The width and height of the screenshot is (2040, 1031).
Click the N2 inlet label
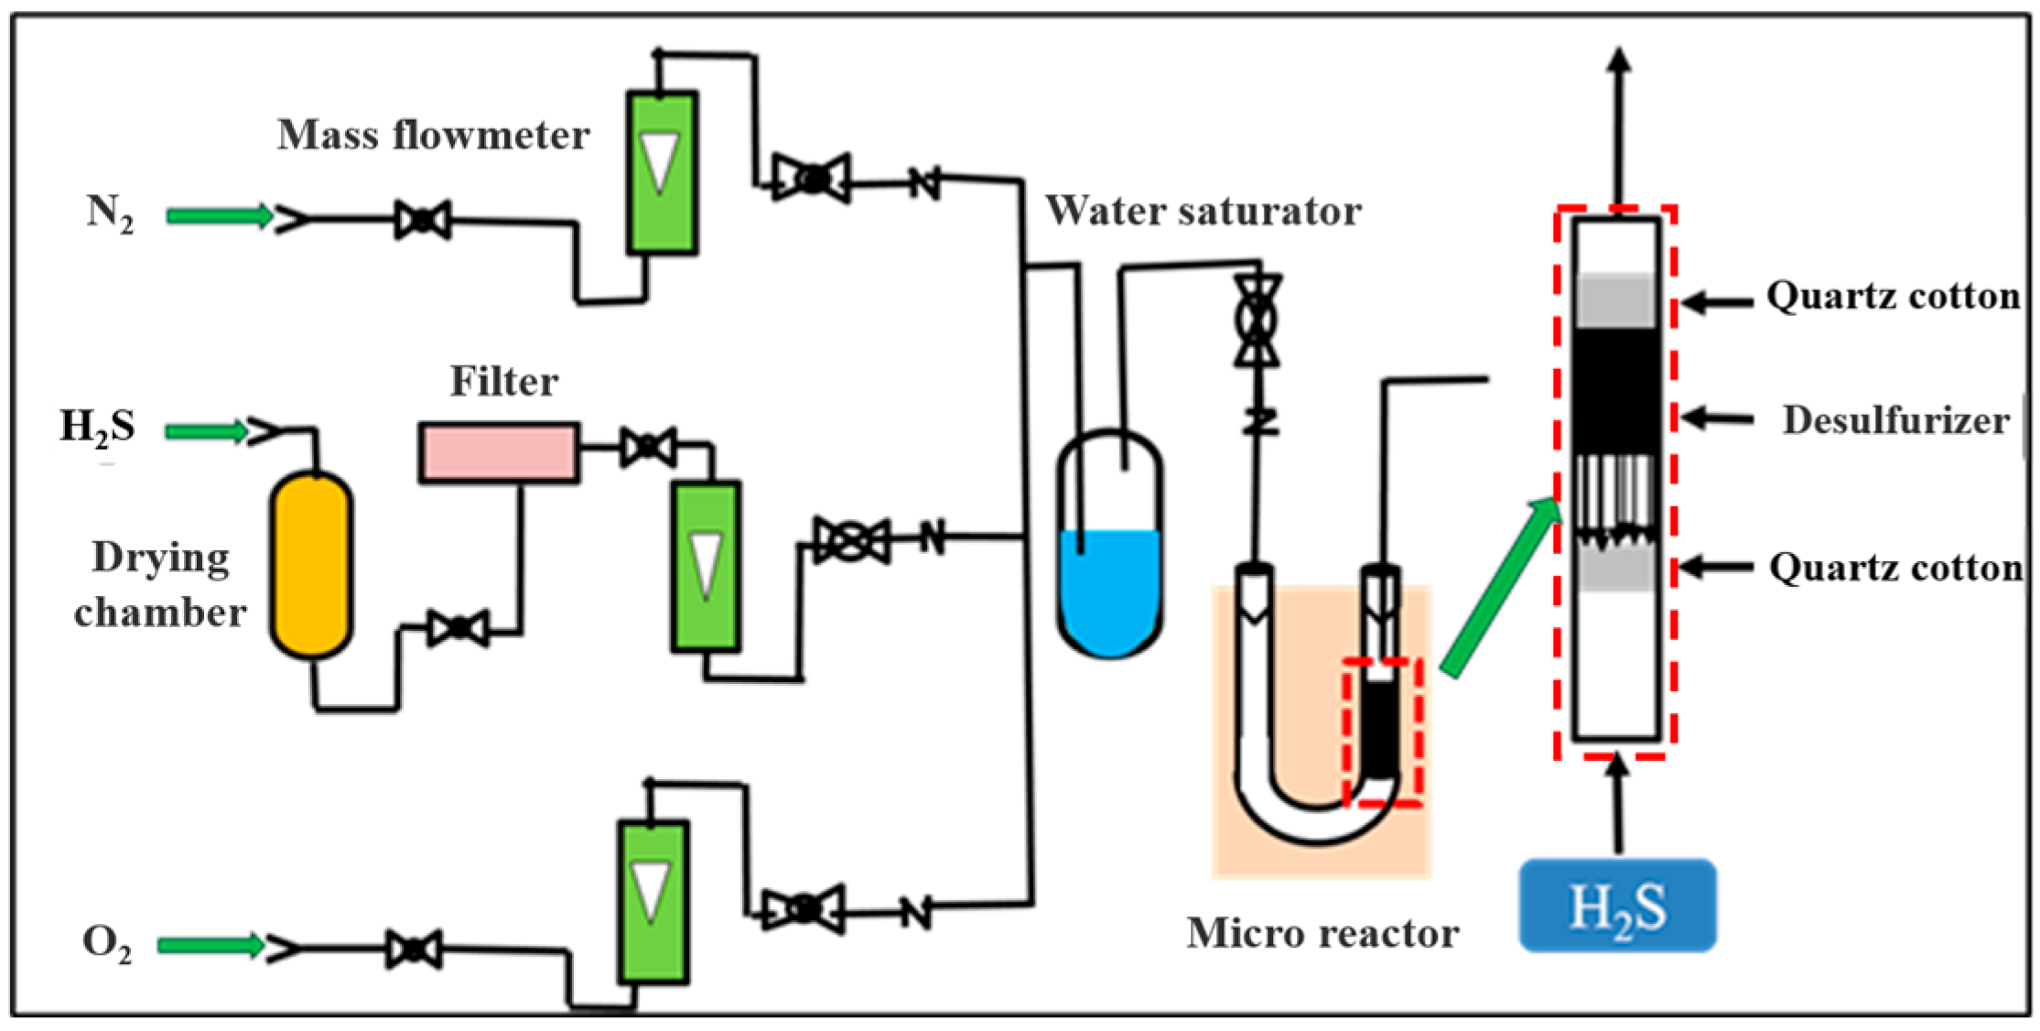(x=111, y=215)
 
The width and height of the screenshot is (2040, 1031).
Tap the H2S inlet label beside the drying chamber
(x=97, y=428)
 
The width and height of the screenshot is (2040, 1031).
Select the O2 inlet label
(x=107, y=944)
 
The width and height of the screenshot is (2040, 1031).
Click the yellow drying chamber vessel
(x=311, y=565)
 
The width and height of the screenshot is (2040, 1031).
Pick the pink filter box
(x=500, y=452)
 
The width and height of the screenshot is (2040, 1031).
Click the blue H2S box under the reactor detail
(x=1617, y=906)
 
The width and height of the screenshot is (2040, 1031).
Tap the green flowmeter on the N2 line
(x=662, y=172)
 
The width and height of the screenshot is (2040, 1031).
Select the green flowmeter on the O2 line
(x=653, y=902)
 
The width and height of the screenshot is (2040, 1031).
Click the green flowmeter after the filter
(x=706, y=567)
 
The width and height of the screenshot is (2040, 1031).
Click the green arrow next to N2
(x=220, y=216)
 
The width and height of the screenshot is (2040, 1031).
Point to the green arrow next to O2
(x=211, y=945)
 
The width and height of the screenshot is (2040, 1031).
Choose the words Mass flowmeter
(x=434, y=136)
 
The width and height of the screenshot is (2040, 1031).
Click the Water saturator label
(x=1203, y=211)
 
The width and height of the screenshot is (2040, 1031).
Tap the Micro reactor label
(x=1322, y=933)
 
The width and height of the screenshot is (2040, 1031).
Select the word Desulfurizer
(x=1896, y=420)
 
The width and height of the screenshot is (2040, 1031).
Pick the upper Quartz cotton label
(x=1893, y=296)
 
